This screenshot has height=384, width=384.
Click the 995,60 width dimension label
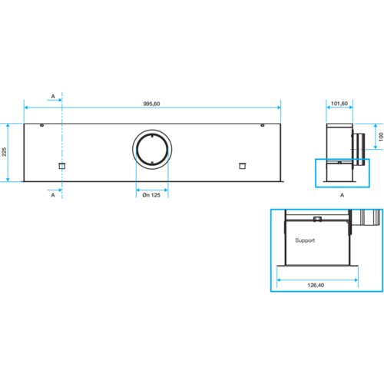click(x=151, y=104)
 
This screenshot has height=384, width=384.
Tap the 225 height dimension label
click(x=4, y=152)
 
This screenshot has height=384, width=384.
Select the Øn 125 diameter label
click(x=151, y=195)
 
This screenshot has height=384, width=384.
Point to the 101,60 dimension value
click(x=339, y=104)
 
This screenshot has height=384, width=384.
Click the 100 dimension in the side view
click(x=381, y=137)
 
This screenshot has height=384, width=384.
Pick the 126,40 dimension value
click(x=316, y=285)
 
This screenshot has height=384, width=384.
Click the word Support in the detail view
click(x=305, y=240)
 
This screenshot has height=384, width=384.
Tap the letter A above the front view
click(x=53, y=96)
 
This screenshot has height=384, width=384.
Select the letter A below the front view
click(x=53, y=195)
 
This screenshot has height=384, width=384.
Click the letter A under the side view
click(x=342, y=195)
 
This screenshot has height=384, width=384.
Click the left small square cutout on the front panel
click(x=62, y=166)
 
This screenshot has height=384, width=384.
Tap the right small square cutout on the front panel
click(x=243, y=166)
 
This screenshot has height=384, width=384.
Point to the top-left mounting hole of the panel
click(x=42, y=125)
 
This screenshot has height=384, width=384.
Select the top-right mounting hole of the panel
click(x=263, y=125)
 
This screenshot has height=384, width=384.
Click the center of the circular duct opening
click(x=152, y=150)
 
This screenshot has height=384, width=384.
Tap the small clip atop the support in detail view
click(x=317, y=219)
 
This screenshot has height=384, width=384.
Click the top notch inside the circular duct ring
click(x=152, y=136)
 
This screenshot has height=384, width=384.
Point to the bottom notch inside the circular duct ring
click(x=152, y=163)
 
